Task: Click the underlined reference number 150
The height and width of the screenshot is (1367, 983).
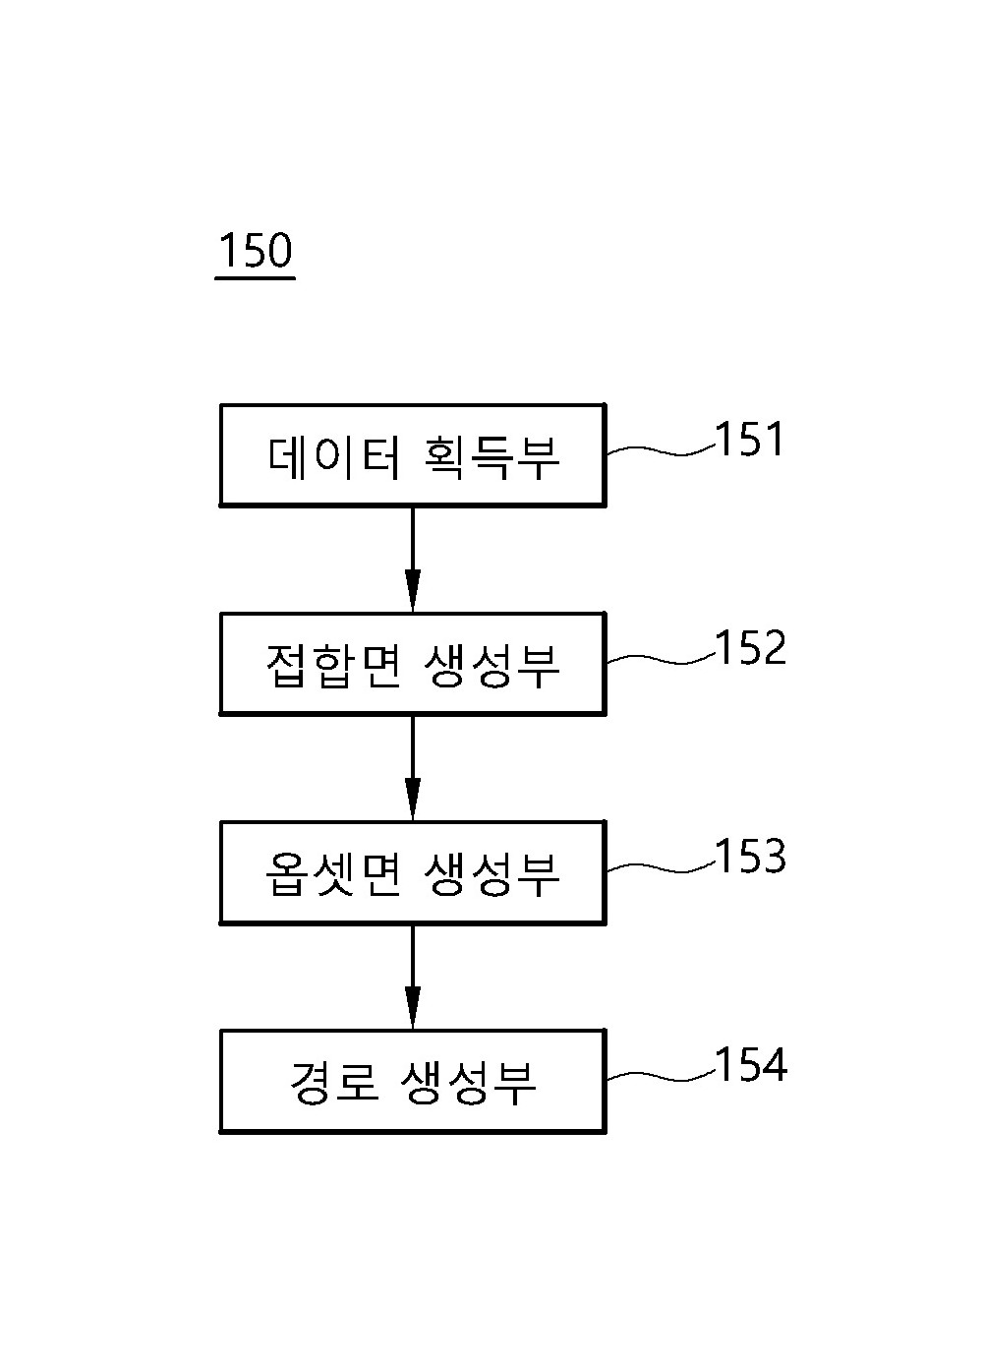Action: (x=256, y=251)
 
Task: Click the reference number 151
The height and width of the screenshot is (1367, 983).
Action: (x=749, y=440)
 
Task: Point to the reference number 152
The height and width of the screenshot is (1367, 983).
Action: (x=751, y=647)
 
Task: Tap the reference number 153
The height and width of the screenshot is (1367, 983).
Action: (x=751, y=857)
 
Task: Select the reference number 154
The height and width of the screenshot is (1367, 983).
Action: (x=751, y=1065)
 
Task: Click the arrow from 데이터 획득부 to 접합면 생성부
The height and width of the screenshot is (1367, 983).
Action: (x=413, y=560)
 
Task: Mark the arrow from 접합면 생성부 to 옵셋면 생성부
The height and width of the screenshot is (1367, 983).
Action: (x=413, y=768)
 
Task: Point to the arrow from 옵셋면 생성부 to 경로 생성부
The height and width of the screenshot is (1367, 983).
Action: (x=413, y=978)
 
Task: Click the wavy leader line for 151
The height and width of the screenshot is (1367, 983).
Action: (x=661, y=450)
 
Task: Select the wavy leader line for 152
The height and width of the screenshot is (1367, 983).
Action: (x=661, y=659)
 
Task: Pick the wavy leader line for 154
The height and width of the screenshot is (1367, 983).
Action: (x=661, y=1077)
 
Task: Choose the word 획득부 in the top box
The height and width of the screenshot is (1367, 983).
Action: (x=491, y=457)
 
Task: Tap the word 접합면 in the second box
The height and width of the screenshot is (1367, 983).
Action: (x=333, y=666)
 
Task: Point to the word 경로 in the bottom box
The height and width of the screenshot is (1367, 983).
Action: (x=334, y=1083)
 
